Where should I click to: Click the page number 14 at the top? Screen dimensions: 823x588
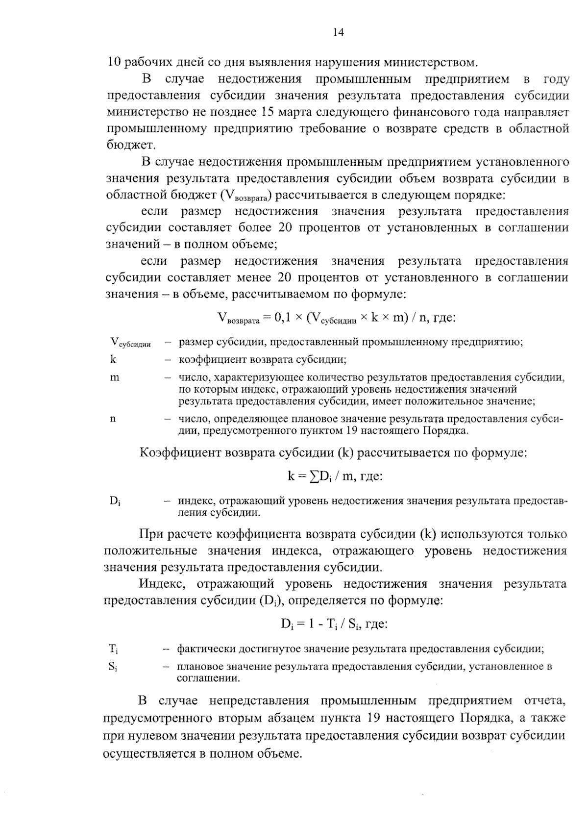338,33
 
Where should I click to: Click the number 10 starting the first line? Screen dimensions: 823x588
114,63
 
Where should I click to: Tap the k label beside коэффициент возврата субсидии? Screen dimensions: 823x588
114,359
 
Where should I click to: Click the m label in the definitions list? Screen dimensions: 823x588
115,378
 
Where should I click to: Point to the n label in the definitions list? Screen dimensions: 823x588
114,419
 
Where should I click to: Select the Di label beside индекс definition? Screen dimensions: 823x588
115,501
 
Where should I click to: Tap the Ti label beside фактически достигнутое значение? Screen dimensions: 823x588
113,649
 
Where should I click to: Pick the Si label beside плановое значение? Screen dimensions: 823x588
113,667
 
